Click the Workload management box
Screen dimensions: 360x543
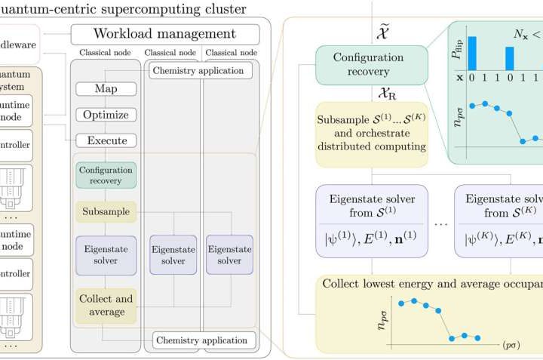click(164, 34)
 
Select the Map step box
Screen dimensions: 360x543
click(106, 89)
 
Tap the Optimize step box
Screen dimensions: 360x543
click(106, 115)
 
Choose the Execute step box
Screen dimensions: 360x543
click(106, 140)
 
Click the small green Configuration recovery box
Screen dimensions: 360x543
click(106, 176)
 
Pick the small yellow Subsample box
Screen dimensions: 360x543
click(106, 212)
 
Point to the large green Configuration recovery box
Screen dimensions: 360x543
click(357, 65)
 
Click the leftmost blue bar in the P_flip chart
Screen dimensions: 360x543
click(472, 52)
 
